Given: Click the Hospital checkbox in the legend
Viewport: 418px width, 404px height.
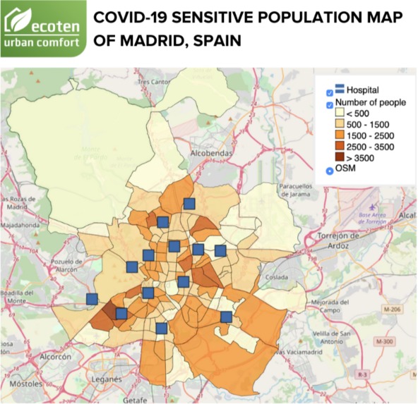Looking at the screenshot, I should [x=330, y=92].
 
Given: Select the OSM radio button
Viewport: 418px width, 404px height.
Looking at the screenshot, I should [x=330, y=170].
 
